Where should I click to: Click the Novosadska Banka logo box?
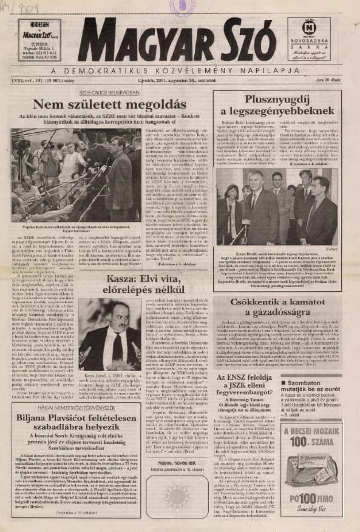(309, 39)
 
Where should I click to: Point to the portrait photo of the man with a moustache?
(102, 328)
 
